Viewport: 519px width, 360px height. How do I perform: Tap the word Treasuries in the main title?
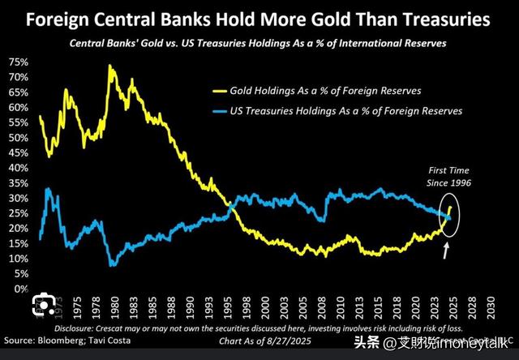point(439,19)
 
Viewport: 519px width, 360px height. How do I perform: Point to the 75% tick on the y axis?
point(21,62)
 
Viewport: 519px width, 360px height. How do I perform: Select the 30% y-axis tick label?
point(21,198)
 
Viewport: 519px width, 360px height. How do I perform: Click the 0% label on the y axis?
point(24,289)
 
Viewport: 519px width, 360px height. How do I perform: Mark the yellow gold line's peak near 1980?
point(109,66)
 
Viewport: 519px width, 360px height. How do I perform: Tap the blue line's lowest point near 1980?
point(113,264)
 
